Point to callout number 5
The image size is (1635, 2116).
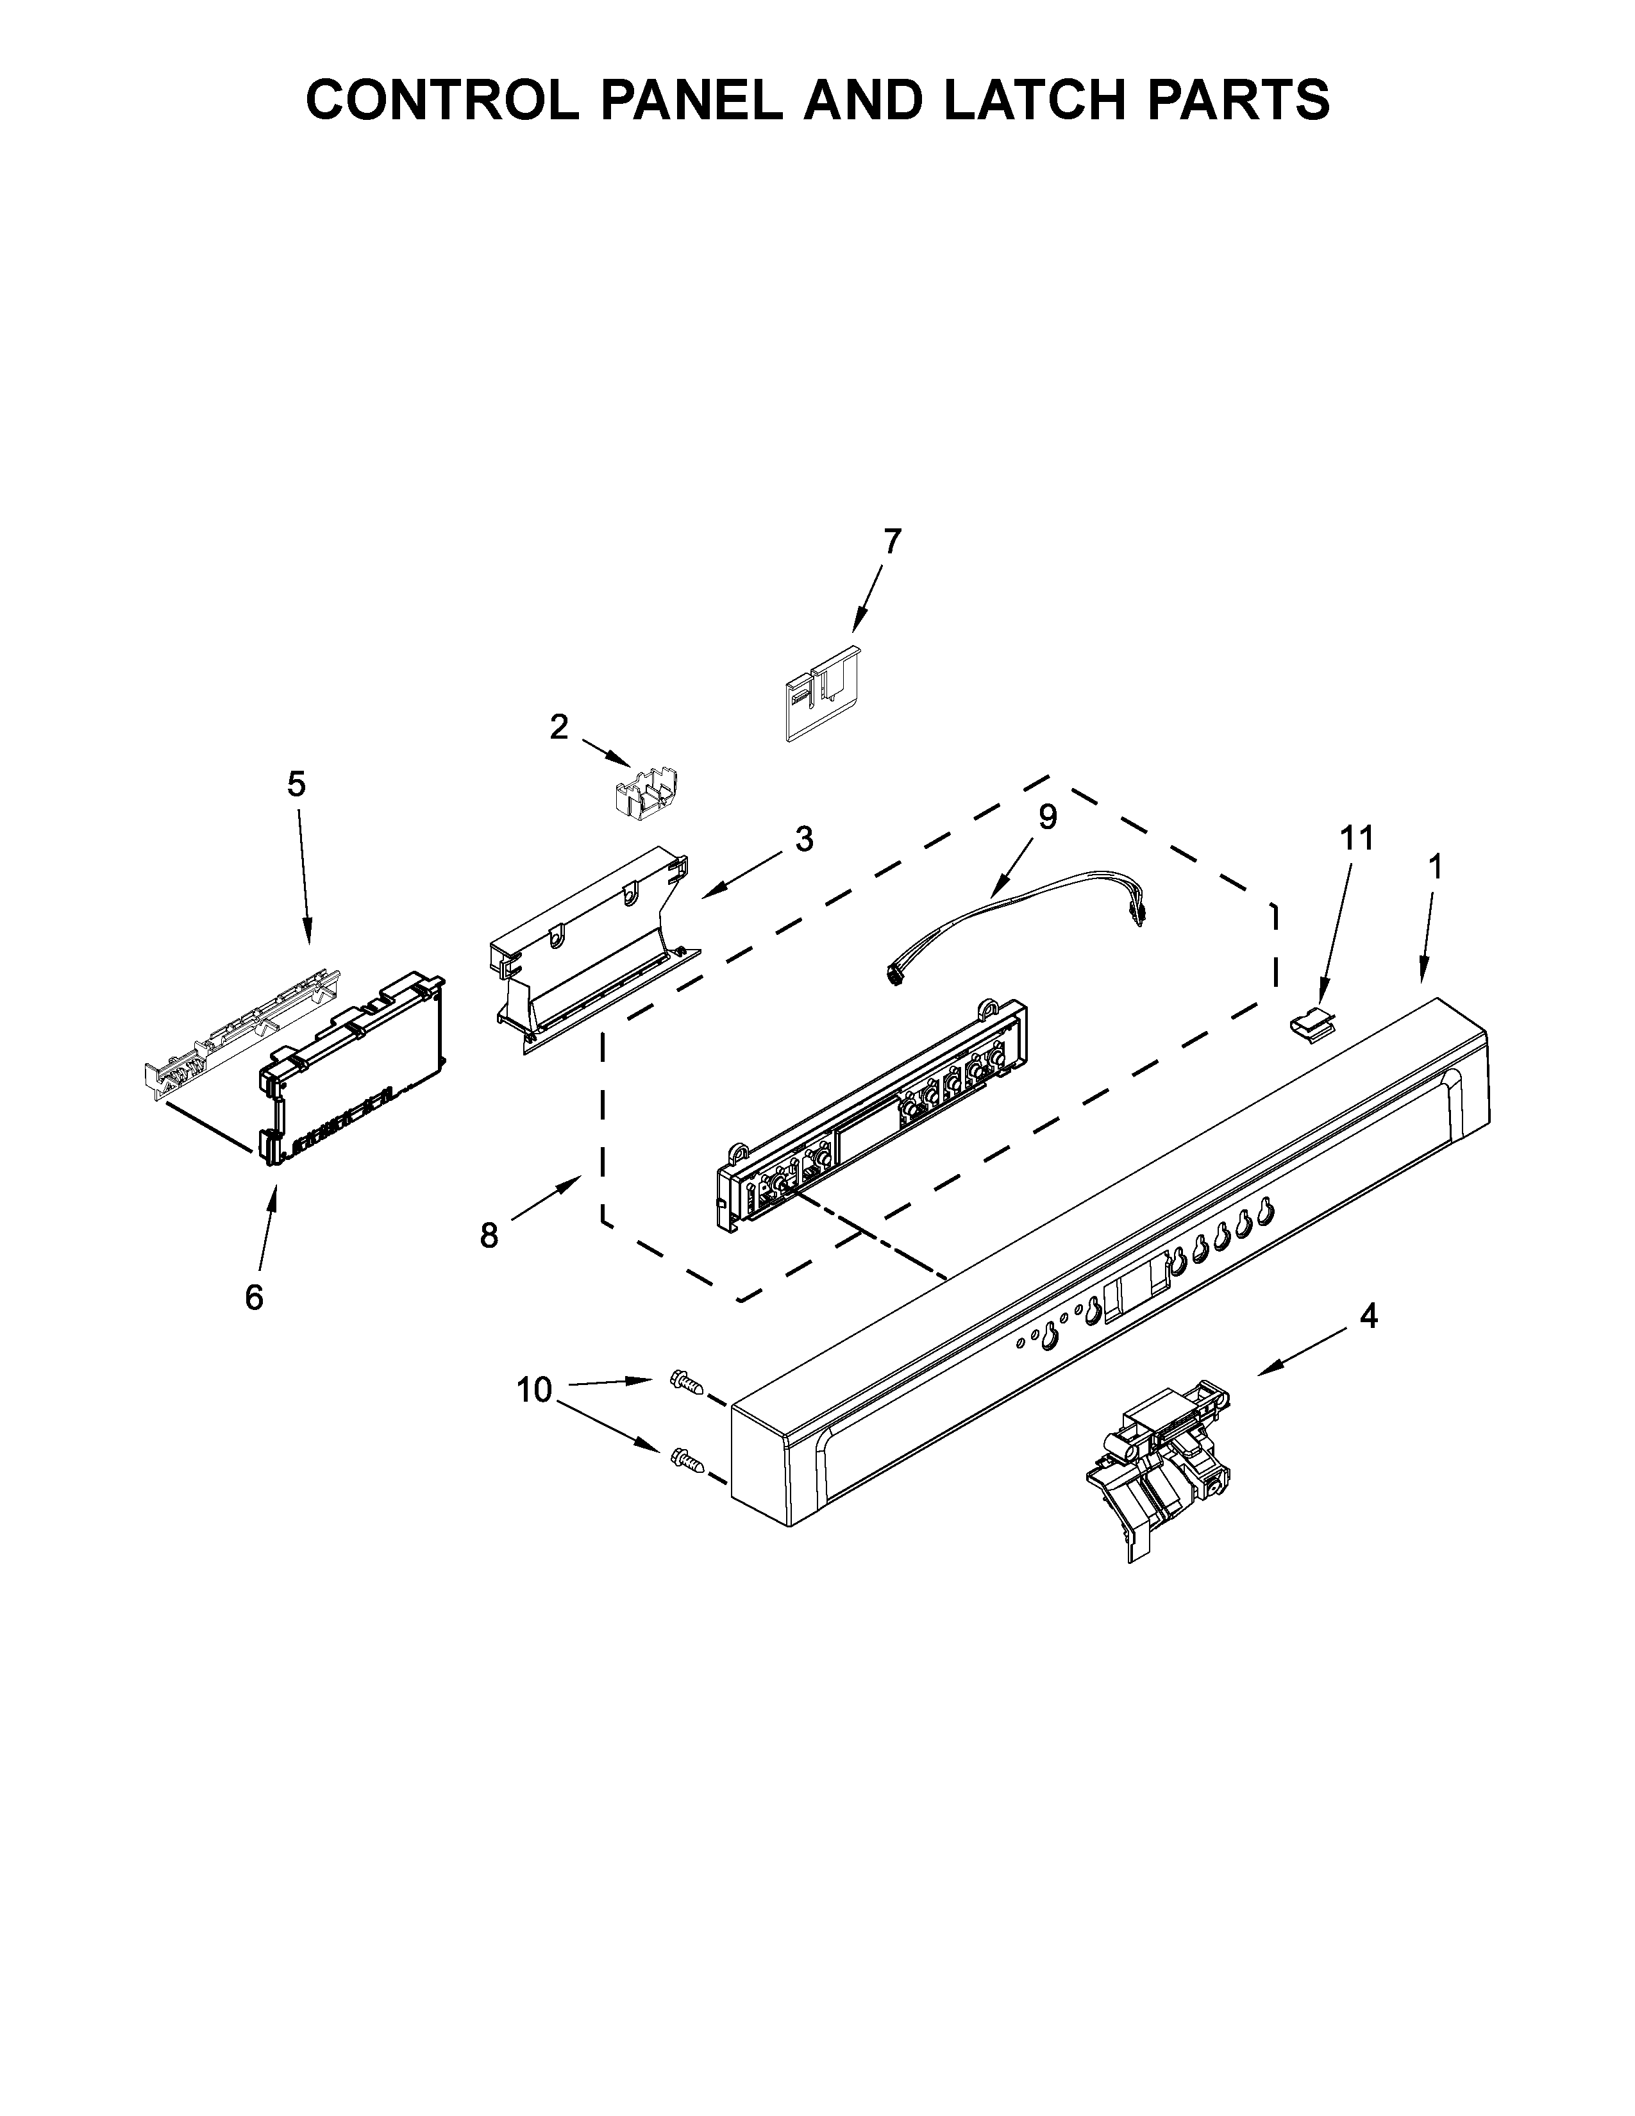pos(296,784)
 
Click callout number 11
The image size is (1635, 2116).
pos(1356,838)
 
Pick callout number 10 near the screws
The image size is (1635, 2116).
pos(533,1390)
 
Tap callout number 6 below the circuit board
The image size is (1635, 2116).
pos(254,1297)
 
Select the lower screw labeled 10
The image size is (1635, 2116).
pos(686,1484)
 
